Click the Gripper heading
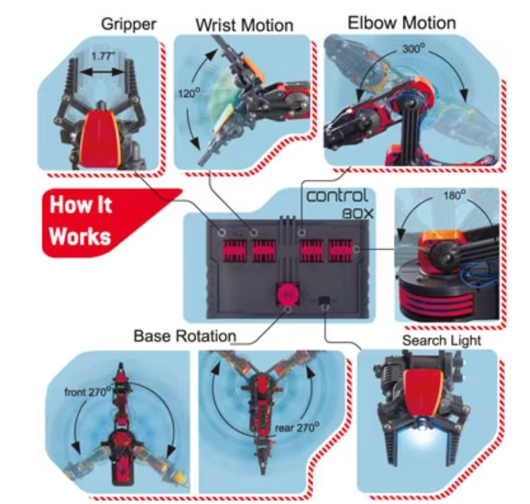click(x=128, y=25)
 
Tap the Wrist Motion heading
click(x=244, y=26)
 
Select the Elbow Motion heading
click(x=402, y=23)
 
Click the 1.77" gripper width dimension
click(x=103, y=56)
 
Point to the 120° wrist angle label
click(x=189, y=92)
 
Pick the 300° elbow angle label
click(x=414, y=49)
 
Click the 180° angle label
click(x=454, y=195)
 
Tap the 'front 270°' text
click(x=88, y=392)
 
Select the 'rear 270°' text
click(x=297, y=427)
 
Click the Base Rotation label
click(x=185, y=336)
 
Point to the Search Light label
click(x=442, y=341)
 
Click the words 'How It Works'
click(x=80, y=221)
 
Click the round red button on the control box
click(x=288, y=294)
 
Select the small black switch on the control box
click(x=324, y=300)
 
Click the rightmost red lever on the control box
click(x=341, y=250)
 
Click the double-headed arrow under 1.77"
click(x=102, y=72)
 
